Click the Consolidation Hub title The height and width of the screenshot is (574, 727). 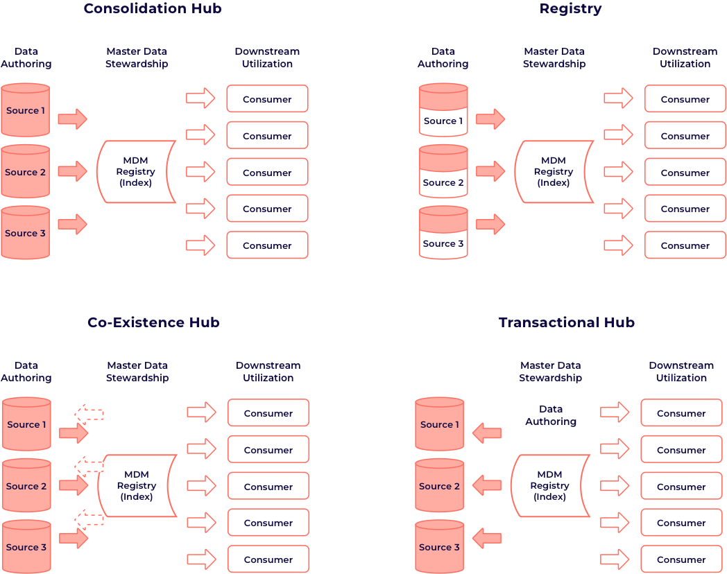(153, 9)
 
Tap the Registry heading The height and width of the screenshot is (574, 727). (570, 9)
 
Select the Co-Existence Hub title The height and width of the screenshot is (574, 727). (153, 322)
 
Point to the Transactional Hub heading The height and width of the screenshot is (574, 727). (567, 322)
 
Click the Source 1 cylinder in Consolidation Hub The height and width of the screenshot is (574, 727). (26, 110)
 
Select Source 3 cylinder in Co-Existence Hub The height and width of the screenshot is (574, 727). (26, 546)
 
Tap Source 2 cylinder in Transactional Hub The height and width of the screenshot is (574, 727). (439, 485)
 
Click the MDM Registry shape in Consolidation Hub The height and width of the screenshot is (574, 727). (137, 172)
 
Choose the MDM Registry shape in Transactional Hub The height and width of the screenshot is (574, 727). (550, 486)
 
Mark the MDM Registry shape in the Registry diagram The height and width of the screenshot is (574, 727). (554, 172)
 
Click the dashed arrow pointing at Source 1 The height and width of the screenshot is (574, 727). (89, 415)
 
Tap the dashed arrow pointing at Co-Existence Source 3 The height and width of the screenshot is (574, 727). (89, 518)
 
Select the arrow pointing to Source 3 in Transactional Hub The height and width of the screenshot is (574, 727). (487, 537)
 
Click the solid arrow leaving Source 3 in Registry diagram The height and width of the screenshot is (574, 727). (490, 224)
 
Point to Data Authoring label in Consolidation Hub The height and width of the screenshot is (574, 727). (26, 58)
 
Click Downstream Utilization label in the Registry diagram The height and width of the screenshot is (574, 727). (685, 58)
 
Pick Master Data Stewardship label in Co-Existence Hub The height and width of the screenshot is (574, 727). (137, 372)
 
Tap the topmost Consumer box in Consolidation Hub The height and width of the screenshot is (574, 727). (267, 99)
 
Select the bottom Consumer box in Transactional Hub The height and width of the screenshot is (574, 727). (681, 559)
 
